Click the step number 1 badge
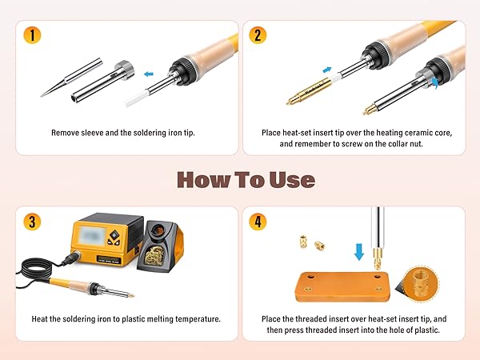pyautogui.click(x=32, y=35)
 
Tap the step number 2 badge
pyautogui.click(x=258, y=35)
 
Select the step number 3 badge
pyautogui.click(x=32, y=222)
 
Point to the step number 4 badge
pyautogui.click(x=258, y=222)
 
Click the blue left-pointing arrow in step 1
pyautogui.click(x=149, y=74)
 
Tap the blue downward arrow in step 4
pyautogui.click(x=358, y=252)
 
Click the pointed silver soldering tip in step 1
pyautogui.click(x=71, y=78)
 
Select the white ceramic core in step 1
pyautogui.click(x=136, y=98)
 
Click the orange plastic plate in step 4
pyautogui.click(x=342, y=286)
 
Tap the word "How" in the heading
pyautogui.click(x=203, y=180)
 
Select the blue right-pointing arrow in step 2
pyautogui.click(x=327, y=70)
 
